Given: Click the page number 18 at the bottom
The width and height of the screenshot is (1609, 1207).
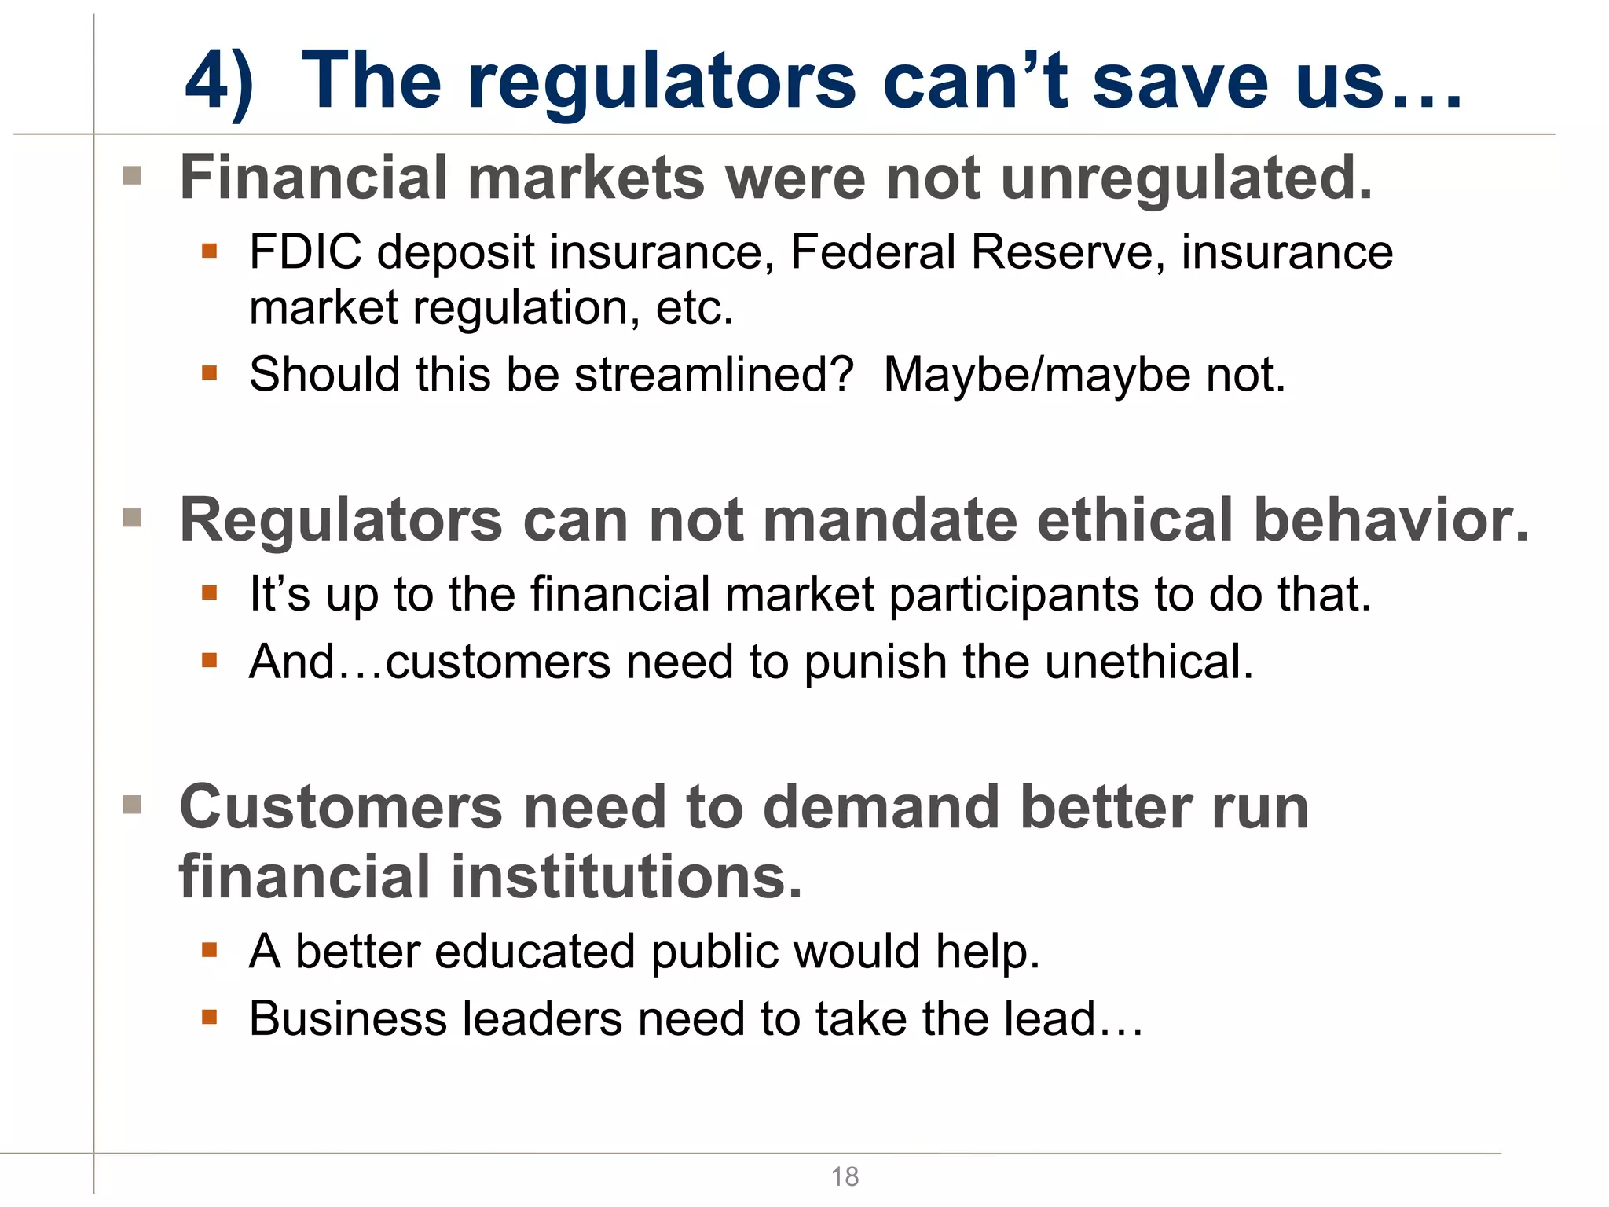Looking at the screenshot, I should coord(845,1176).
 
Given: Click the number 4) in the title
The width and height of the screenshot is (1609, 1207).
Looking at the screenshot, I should coord(219,82).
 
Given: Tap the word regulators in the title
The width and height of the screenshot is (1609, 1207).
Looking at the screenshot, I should coord(662,82).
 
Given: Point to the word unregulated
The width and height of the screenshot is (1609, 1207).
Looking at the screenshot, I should coord(1186,179).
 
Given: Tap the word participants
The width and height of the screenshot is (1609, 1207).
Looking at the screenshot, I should coord(1013,595).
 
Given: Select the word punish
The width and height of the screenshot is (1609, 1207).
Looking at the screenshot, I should coord(875,662).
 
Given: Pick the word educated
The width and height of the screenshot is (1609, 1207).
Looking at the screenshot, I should coord(535,952).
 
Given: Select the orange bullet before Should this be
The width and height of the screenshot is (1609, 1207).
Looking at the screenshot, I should coord(209,372).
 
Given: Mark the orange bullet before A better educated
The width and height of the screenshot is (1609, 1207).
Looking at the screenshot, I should coord(209,950).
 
